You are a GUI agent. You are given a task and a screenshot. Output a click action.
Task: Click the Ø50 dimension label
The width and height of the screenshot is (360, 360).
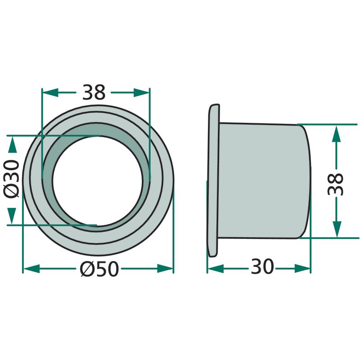click(99, 269)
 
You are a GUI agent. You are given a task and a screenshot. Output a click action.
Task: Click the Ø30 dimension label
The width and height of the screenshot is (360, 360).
click(11, 179)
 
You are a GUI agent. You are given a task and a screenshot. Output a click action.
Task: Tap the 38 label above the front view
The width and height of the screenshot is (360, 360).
click(94, 92)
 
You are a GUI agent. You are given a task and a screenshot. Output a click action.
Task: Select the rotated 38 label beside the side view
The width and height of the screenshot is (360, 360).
click(335, 184)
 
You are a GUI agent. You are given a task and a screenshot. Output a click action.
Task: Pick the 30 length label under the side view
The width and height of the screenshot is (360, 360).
click(262, 266)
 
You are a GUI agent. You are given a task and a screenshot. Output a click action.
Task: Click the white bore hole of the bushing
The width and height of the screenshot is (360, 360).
click(98, 181)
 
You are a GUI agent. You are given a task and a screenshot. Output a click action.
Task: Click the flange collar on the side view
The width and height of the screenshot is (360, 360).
click(213, 180)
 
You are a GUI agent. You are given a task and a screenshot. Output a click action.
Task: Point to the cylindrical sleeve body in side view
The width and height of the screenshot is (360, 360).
click(264, 181)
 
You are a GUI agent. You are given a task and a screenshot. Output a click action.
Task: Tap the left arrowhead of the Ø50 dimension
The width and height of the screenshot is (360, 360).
click(31, 269)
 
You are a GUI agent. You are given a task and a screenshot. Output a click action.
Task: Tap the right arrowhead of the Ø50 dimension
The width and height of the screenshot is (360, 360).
click(165, 269)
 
